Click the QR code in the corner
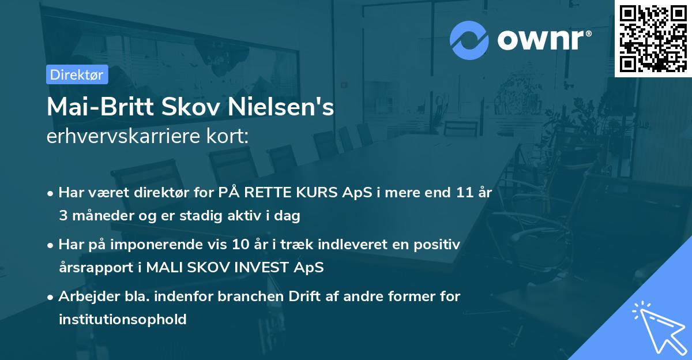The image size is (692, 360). [x=653, y=38]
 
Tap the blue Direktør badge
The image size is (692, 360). [x=77, y=74]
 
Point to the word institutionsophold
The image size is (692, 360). [x=123, y=319]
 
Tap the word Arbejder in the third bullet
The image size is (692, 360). [x=84, y=296]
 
